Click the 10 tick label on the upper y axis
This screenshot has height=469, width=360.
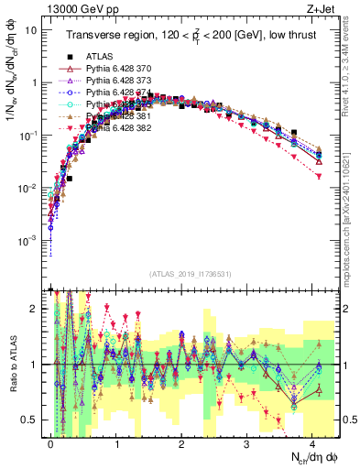tap(30, 29)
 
